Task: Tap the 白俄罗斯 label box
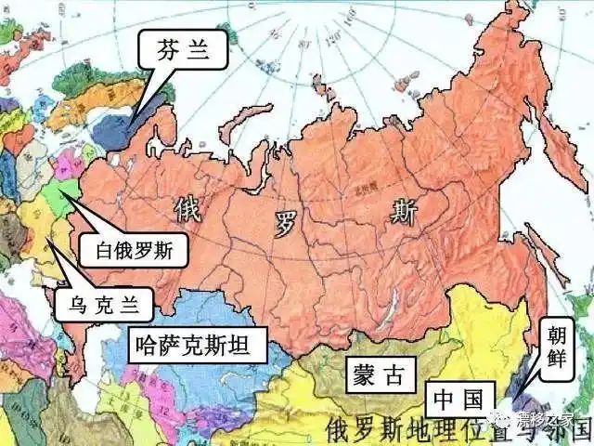click(135, 249)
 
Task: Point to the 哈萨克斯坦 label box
click(198, 348)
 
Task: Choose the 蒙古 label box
click(378, 375)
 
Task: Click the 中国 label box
click(458, 401)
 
